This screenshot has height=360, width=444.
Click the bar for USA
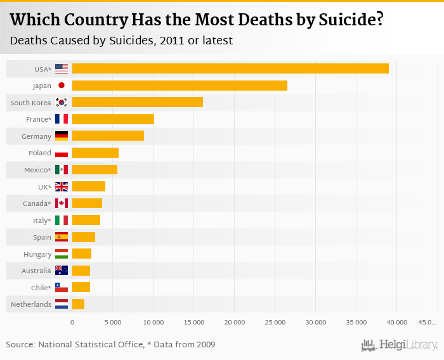tap(230, 68)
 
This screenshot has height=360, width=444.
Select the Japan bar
tap(180, 86)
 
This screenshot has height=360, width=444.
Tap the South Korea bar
tap(138, 102)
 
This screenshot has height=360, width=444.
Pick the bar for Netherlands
tap(78, 304)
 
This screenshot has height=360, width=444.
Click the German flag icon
tap(62, 136)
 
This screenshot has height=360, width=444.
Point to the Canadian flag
tap(62, 203)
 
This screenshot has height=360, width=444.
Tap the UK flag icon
tap(62, 186)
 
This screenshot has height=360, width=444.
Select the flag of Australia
tap(62, 271)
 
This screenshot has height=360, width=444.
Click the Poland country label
tap(40, 153)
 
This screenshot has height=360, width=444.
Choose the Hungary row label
tap(37, 254)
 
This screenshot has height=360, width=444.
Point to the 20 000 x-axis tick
tap(234, 323)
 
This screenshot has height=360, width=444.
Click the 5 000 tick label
tap(112, 323)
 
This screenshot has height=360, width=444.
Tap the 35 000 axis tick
tap(356, 323)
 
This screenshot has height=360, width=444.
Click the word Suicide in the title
tap(345, 20)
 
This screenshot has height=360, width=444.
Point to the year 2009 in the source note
tap(204, 345)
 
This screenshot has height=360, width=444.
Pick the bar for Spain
tap(84, 237)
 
